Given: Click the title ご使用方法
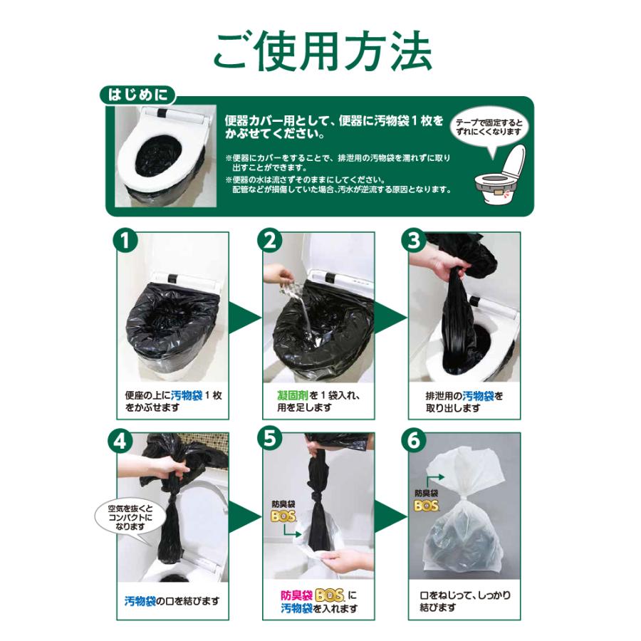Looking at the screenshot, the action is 322,51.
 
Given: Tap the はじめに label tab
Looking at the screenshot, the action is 137,95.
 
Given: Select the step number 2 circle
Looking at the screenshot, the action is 270,241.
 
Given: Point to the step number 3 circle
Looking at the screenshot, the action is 414,241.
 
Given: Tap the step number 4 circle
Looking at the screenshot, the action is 120,442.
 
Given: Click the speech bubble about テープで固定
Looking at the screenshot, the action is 489,129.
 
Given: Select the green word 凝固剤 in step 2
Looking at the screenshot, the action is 292,395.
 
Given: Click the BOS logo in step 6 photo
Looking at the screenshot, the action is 426,506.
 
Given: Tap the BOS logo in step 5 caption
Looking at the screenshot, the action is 330,595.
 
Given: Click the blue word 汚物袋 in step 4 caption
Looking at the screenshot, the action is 140,601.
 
